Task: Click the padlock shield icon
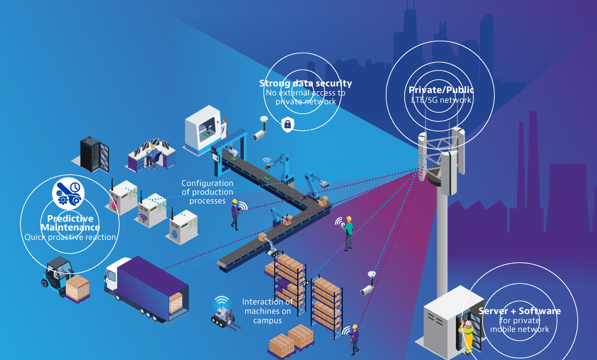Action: tap(288, 125)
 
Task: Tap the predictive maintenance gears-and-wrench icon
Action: tap(68, 193)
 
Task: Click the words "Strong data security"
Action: tap(305, 83)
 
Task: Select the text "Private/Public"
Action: tap(441, 90)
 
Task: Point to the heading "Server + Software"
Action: tap(519, 311)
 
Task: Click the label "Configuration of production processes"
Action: tap(207, 192)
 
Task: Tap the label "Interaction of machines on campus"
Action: tap(267, 311)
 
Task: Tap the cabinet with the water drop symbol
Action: tap(183, 228)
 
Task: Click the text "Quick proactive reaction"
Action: tap(70, 237)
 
